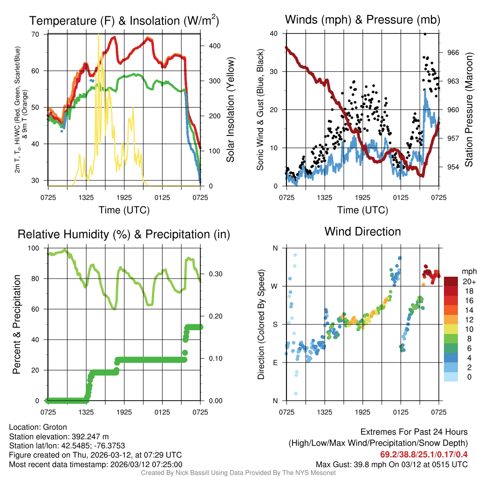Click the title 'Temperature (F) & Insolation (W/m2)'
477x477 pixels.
(124, 21)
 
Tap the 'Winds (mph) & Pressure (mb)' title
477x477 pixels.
(362, 20)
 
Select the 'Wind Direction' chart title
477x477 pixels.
(362, 232)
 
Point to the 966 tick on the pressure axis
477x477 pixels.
(453, 53)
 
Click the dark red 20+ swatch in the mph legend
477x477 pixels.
(451, 281)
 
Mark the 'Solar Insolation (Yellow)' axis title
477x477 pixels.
(231, 110)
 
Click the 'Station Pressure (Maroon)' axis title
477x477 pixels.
(469, 110)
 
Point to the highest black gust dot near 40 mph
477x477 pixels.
(424, 34)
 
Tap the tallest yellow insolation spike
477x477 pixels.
(98, 35)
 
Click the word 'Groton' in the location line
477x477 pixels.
(55, 427)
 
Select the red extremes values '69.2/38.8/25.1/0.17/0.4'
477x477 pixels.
(424, 454)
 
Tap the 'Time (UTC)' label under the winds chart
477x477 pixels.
(362, 210)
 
